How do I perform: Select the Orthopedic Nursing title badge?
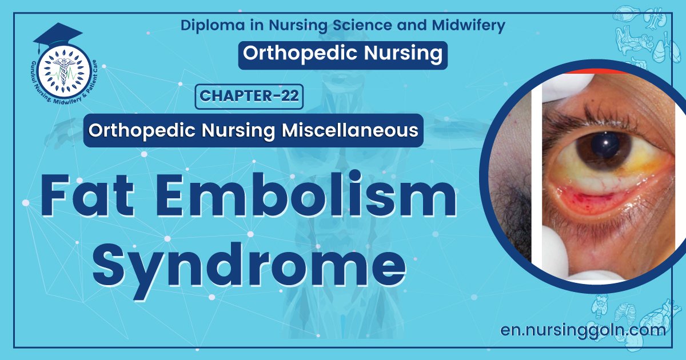pos(342,54)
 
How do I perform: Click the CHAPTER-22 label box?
pos(249,96)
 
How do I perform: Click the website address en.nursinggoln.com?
pos(583,330)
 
